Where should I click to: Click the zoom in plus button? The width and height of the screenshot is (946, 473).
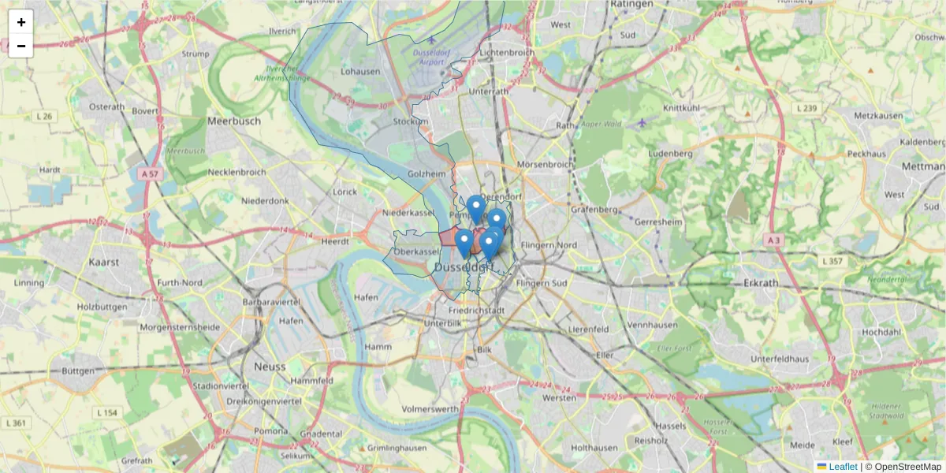(x=21, y=22)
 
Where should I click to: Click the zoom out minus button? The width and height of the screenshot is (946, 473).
(x=21, y=46)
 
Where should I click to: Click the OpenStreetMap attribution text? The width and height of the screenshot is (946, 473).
(x=907, y=467)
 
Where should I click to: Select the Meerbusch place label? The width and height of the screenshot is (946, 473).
(x=233, y=121)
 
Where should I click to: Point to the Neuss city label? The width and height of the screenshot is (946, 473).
(x=270, y=367)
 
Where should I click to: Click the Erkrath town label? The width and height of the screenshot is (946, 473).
(x=760, y=281)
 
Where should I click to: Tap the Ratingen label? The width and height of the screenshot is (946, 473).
(x=632, y=4)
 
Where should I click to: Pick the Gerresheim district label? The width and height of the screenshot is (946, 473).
(x=658, y=222)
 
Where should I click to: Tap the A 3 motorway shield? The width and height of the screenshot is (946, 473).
(x=774, y=240)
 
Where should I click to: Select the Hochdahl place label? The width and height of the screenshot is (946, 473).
(x=881, y=332)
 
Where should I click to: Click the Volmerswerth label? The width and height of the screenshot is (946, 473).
(x=430, y=409)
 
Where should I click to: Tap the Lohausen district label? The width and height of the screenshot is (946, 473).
(x=360, y=71)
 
